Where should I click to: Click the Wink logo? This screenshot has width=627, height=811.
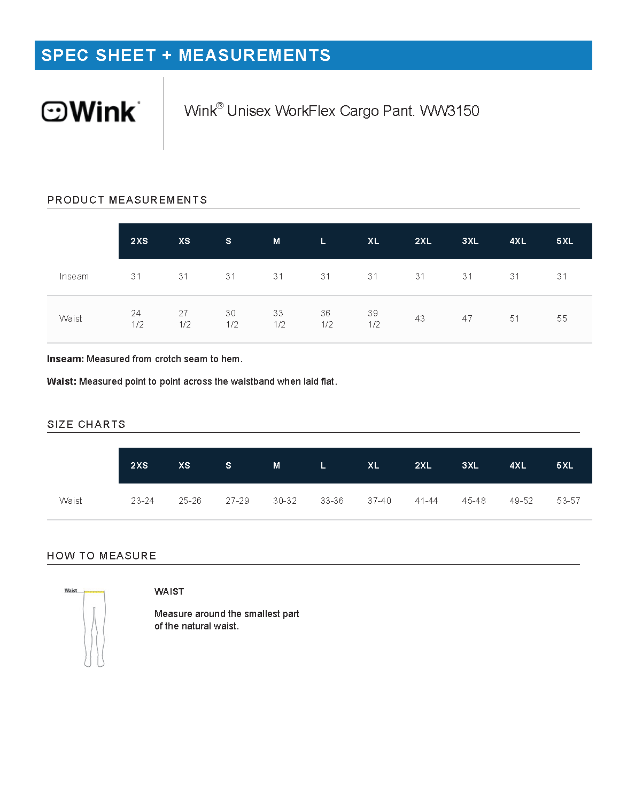pos(90,111)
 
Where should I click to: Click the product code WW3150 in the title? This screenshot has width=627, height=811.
pos(450,111)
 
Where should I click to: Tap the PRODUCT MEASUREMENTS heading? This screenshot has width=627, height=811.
pos(127,200)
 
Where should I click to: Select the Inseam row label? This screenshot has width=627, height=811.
pos(74,277)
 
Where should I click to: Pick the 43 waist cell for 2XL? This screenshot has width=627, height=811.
pos(420,319)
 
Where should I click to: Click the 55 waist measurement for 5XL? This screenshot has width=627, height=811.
pos(562,319)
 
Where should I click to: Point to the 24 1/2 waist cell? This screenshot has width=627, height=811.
pos(137,319)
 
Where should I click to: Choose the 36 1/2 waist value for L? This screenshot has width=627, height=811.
pos(326,319)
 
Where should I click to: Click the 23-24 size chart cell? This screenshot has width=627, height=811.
pos(142,501)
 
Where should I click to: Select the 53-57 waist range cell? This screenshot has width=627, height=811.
pos(568,501)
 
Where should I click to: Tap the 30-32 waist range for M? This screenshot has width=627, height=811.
pos(284,501)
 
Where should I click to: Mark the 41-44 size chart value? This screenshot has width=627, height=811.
pos(426,501)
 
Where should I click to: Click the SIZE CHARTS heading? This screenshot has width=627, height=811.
pos(86,425)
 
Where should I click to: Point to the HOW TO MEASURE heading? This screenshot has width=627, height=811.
pos(102,556)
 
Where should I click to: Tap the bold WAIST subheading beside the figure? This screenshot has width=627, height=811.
pos(169,592)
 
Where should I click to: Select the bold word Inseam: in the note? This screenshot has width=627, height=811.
pos(65,360)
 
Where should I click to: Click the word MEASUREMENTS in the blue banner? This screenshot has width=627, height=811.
pos(254,56)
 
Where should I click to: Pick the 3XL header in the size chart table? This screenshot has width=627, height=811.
pos(470,466)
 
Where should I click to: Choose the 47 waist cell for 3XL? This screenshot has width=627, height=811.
pos(467,319)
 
